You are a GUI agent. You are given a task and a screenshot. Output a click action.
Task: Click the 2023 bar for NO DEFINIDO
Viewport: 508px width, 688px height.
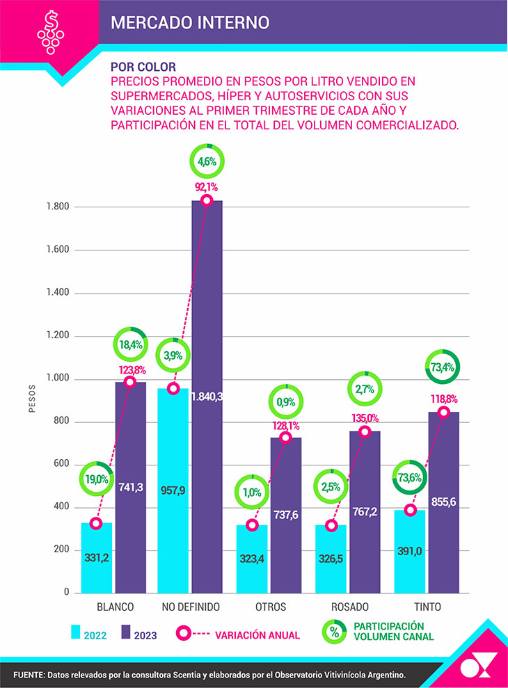pos(207,397)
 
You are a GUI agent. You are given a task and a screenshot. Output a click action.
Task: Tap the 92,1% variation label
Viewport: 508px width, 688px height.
pos(206,186)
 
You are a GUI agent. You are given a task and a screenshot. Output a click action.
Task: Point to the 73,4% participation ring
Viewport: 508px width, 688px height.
pos(443,367)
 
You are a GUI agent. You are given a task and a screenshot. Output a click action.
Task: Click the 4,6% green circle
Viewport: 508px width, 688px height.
pos(207,161)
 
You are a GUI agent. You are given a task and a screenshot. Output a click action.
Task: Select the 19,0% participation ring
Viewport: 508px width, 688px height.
pos(97,479)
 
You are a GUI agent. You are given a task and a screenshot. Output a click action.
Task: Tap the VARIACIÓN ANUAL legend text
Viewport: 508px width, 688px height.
pos(257,634)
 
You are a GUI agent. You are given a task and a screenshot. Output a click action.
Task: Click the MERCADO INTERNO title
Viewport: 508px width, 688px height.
pos(190,22)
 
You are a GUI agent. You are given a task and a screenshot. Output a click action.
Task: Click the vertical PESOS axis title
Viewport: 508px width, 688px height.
pos(31,399)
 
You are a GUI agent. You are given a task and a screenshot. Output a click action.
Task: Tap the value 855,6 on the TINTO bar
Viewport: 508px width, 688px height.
pos(444,502)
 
